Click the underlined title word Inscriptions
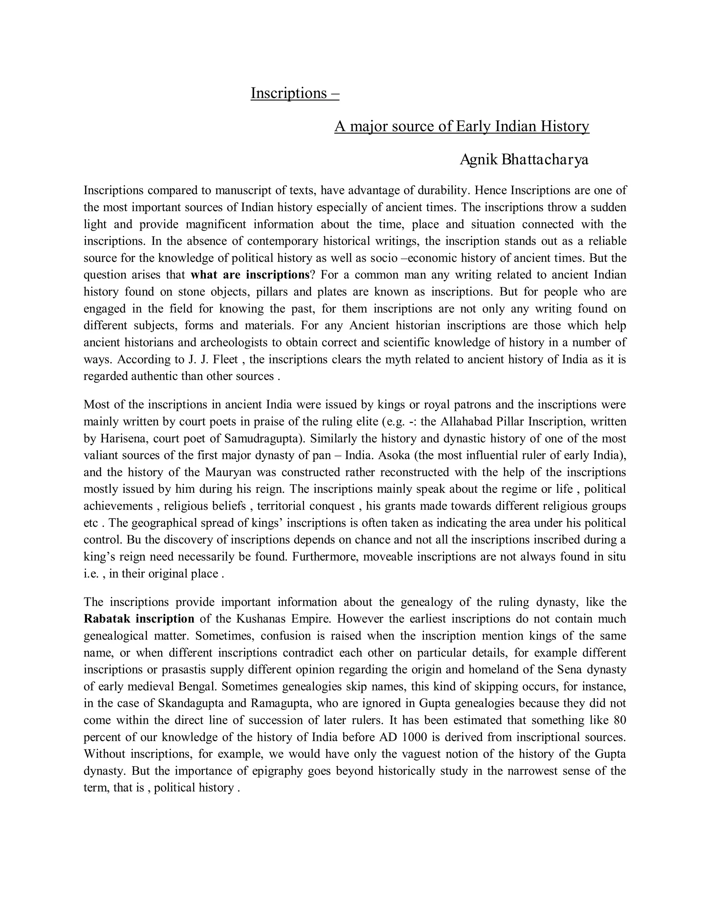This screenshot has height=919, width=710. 288,93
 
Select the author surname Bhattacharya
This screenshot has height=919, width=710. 544,160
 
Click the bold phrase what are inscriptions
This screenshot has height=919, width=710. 250,275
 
